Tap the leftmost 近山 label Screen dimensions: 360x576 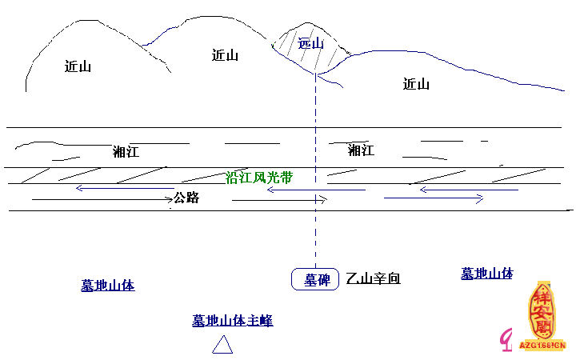click(x=78, y=66)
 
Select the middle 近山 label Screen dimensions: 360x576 click(x=225, y=55)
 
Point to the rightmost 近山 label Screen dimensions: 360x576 click(x=416, y=84)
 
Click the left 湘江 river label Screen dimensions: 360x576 click(x=126, y=151)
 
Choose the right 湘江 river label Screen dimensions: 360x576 click(x=361, y=150)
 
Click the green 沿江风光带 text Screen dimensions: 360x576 click(x=258, y=177)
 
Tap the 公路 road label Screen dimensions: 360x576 click(x=186, y=198)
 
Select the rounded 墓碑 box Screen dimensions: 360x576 click(x=316, y=279)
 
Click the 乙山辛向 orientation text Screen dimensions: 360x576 click(x=373, y=279)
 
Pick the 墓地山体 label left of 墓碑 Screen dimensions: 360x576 click(x=107, y=285)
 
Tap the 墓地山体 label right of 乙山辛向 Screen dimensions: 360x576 click(x=486, y=274)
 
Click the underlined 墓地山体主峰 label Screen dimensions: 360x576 click(x=232, y=321)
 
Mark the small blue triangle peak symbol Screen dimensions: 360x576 click(x=222, y=345)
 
